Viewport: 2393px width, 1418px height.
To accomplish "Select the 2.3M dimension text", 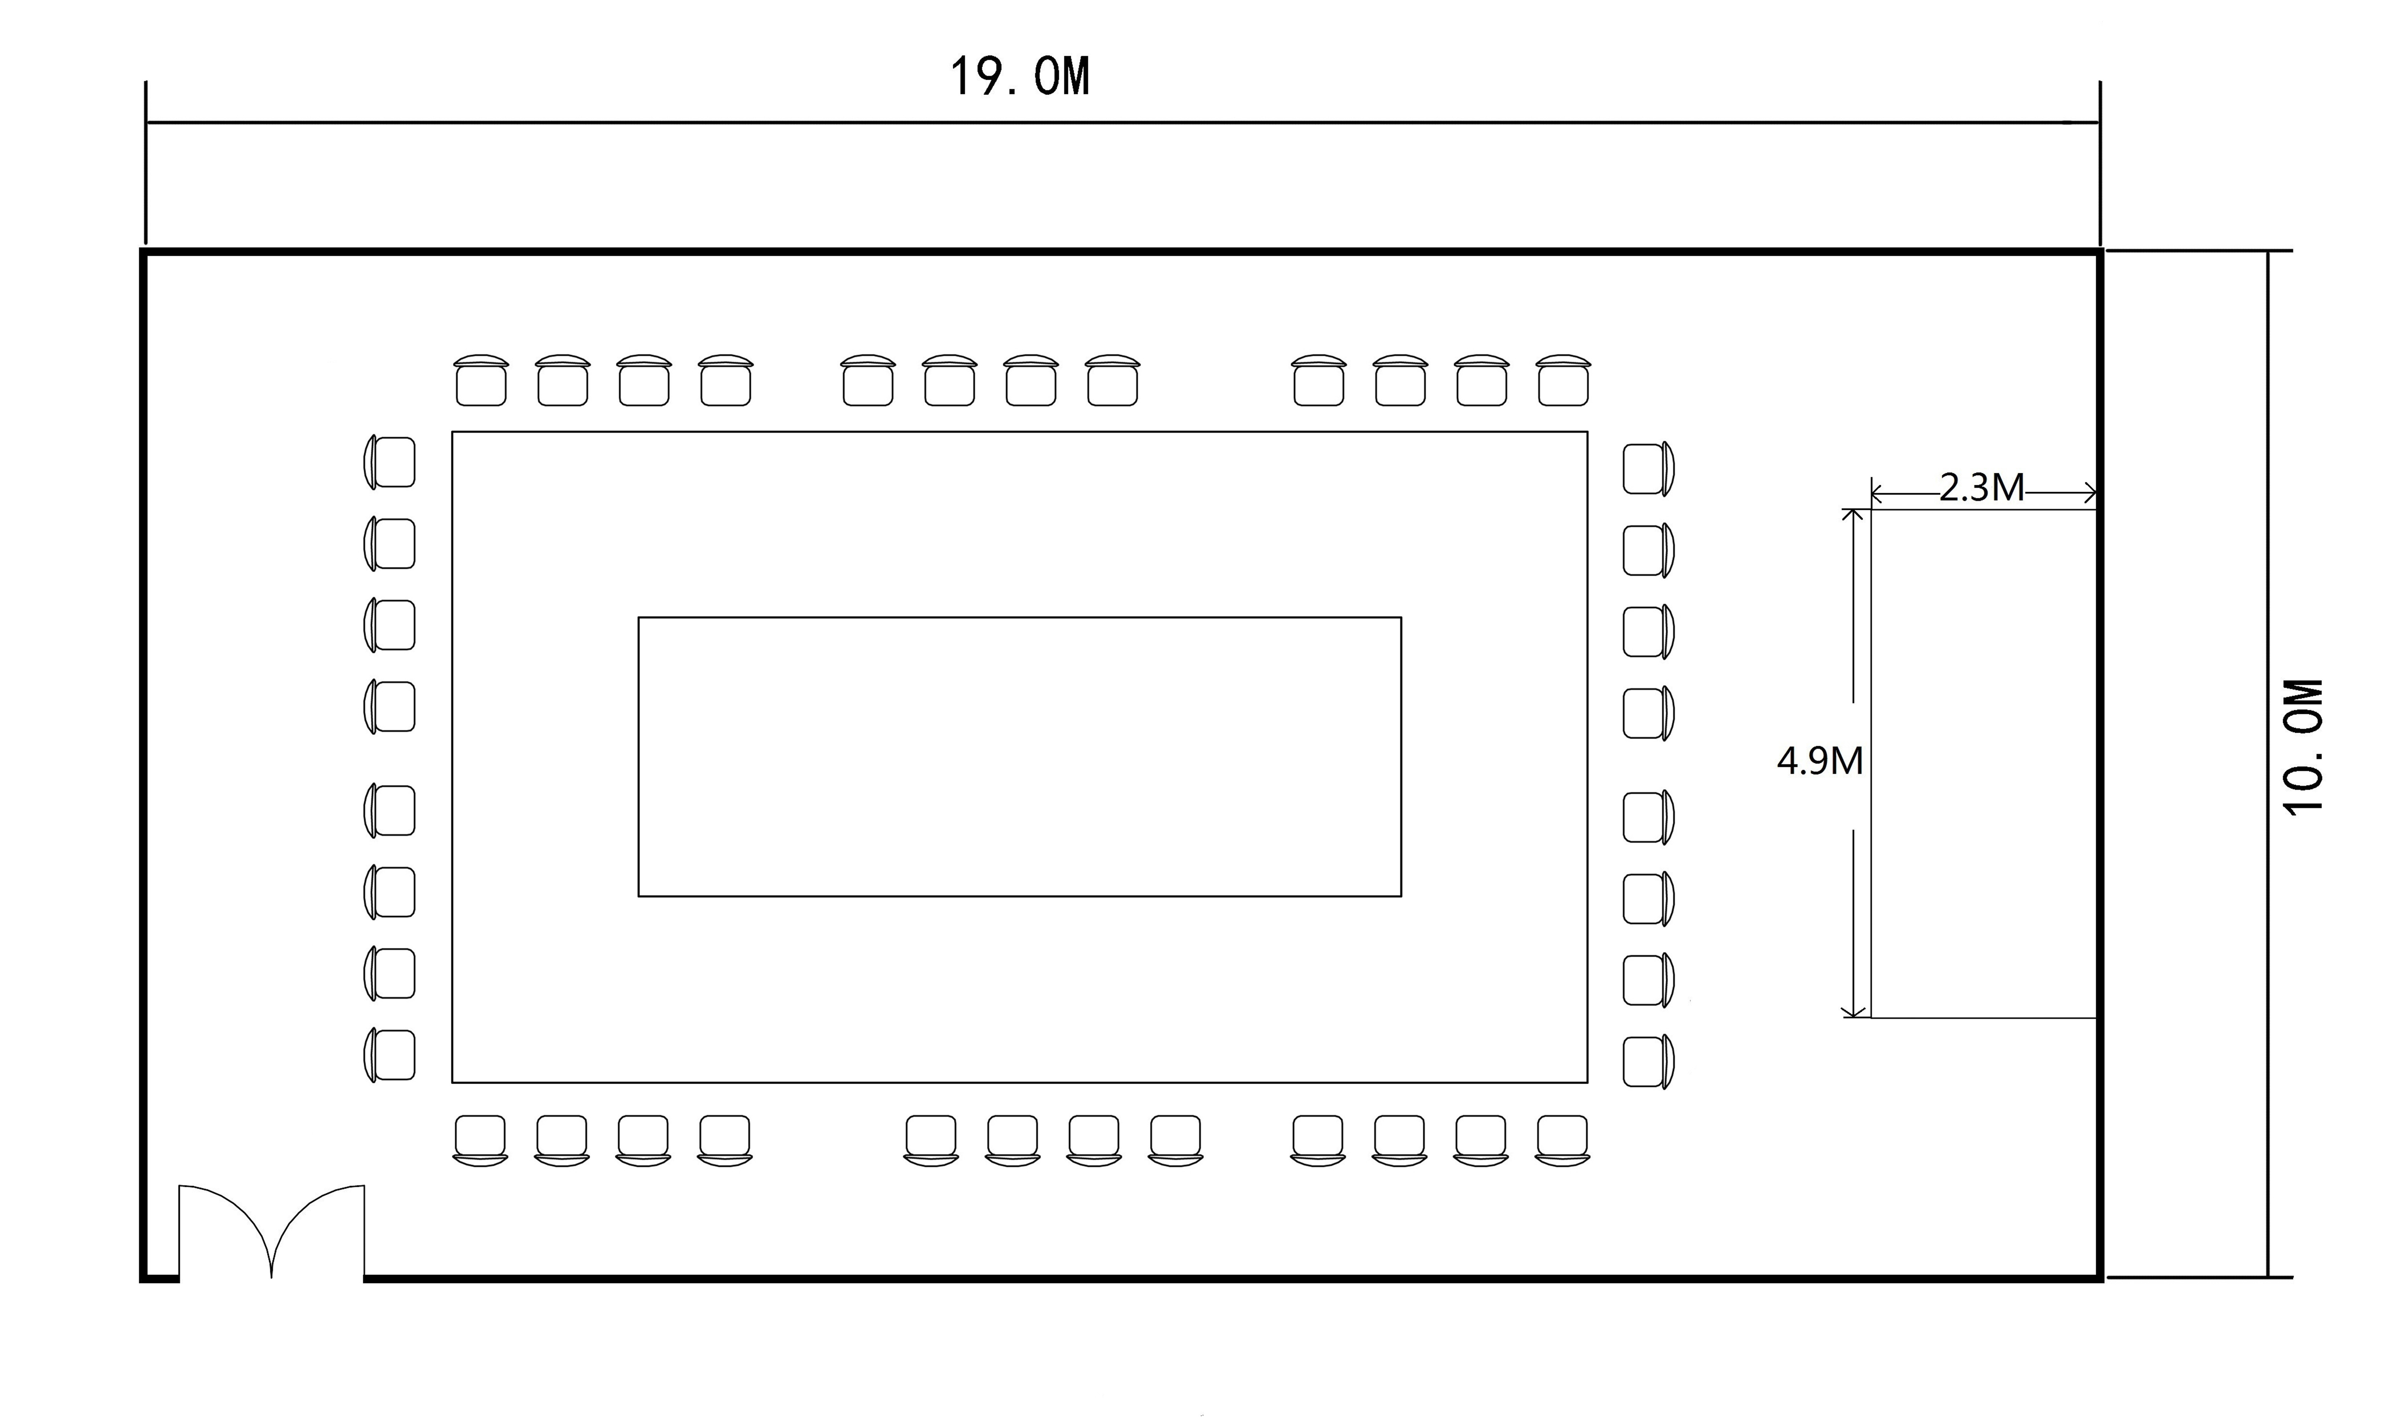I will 1981,488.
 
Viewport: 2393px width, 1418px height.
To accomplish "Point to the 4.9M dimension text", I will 1820,761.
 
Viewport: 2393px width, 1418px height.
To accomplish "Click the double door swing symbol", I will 271,1233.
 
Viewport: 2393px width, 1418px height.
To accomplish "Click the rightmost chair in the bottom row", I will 1562,1139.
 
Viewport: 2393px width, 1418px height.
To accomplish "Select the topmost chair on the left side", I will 391,463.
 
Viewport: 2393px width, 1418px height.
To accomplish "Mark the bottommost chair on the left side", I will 391,1055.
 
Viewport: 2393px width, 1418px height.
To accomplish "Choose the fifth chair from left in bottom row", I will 931,1139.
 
